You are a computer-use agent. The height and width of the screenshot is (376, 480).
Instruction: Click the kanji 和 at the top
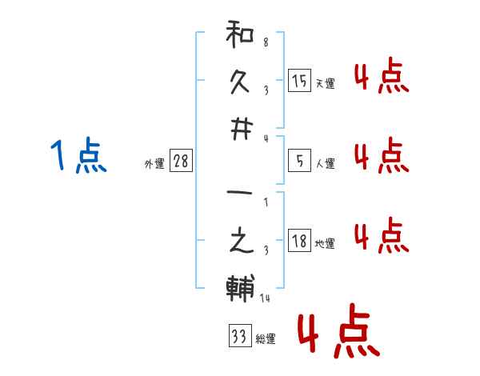click(240, 34)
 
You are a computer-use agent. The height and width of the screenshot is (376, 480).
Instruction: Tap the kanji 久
click(240, 82)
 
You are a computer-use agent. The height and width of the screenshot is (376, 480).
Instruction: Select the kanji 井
click(242, 130)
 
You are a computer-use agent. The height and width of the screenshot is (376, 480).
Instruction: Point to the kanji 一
click(240, 193)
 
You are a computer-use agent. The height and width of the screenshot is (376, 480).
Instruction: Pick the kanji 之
click(242, 240)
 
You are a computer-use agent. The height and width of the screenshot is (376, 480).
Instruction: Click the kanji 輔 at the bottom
click(240, 288)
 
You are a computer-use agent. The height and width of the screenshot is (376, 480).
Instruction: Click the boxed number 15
click(299, 81)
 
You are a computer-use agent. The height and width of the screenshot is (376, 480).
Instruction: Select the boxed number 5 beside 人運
click(299, 161)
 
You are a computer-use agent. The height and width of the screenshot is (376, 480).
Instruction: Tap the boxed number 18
click(299, 240)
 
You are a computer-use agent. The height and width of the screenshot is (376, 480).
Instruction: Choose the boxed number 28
click(181, 161)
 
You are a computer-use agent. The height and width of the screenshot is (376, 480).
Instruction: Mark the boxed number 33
click(240, 335)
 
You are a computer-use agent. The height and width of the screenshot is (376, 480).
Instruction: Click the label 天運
click(326, 83)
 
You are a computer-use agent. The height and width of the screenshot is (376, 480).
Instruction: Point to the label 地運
click(325, 244)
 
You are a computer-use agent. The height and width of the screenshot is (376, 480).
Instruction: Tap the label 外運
click(154, 164)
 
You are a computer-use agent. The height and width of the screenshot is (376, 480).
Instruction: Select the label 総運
click(266, 339)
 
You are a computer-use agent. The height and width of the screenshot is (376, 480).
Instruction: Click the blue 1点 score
click(78, 155)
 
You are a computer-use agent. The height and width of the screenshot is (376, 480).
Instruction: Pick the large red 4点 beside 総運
click(339, 330)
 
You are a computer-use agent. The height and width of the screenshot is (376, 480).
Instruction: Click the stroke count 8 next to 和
click(266, 42)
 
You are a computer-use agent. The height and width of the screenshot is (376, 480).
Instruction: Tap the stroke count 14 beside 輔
click(265, 298)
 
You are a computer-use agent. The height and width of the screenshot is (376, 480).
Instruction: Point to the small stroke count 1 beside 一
click(266, 202)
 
